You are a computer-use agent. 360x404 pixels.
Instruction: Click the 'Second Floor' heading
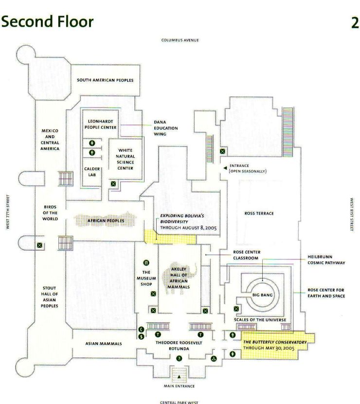[48, 22]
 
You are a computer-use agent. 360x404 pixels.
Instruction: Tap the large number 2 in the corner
[354, 23]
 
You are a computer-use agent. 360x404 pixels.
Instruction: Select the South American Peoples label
[106, 80]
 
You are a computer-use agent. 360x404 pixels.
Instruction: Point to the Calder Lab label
[91, 172]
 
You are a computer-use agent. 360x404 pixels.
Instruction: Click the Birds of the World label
[50, 213]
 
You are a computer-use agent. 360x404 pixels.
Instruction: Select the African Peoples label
[106, 221]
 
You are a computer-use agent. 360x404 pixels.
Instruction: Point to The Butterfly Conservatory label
[275, 342]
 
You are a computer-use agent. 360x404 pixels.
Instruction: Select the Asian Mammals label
[104, 343]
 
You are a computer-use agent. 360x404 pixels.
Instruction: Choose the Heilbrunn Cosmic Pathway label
[325, 259]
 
